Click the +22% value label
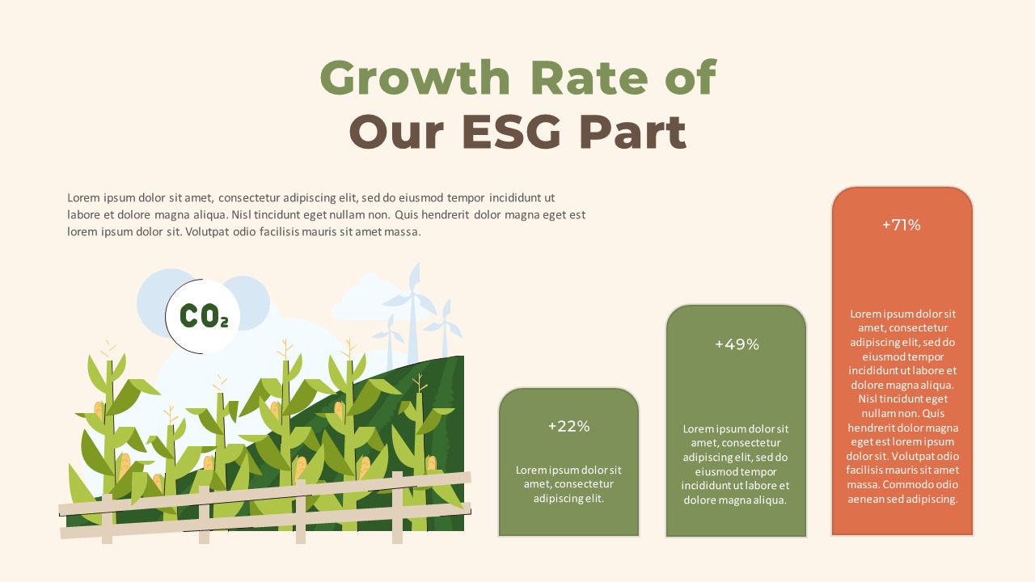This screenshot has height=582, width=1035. coord(568,426)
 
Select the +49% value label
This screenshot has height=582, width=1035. coord(737,344)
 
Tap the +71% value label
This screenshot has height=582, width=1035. coord(901,225)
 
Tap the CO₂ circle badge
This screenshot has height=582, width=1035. coord(203,316)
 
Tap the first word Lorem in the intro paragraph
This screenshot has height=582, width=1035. coord(83,197)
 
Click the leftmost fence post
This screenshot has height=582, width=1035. coord(107,519)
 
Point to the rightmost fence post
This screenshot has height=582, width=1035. coord(397,508)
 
